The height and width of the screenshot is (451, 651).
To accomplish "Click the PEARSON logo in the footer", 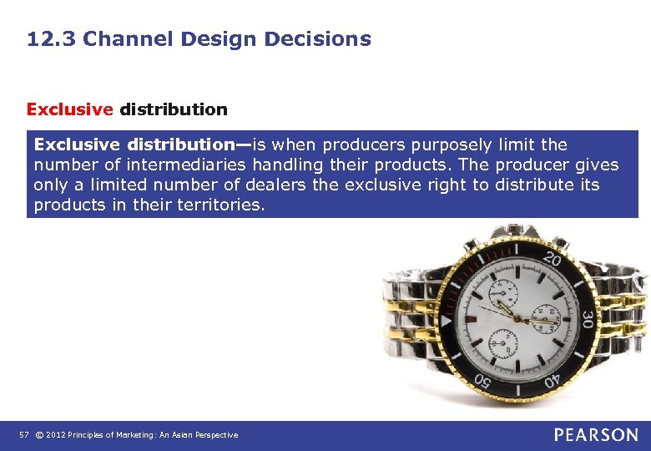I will point(596,434).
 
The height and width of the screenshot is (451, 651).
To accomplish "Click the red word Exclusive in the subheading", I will point(69,109).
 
